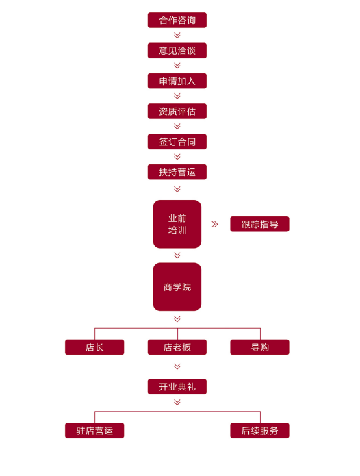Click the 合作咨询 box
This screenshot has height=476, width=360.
pyautogui.click(x=177, y=21)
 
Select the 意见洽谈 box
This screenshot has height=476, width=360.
pyautogui.click(x=177, y=51)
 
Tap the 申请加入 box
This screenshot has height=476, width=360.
pyautogui.click(x=177, y=81)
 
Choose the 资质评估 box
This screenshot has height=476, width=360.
pyautogui.click(x=177, y=112)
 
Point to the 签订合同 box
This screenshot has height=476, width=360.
pyautogui.click(x=177, y=142)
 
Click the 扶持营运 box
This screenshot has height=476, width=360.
pyautogui.click(x=177, y=172)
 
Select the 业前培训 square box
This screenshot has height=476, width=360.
pyautogui.click(x=177, y=224)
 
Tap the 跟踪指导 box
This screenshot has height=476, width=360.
pyautogui.click(x=259, y=225)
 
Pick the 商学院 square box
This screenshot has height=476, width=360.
pyautogui.click(x=177, y=287)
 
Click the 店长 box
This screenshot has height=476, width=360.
pyautogui.click(x=94, y=347)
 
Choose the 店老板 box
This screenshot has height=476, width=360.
pyautogui.click(x=177, y=347)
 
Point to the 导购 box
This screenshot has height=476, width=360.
pyautogui.click(x=259, y=347)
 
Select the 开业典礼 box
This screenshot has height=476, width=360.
pyautogui.click(x=177, y=387)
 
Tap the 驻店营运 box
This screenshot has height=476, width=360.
pyautogui.click(x=94, y=431)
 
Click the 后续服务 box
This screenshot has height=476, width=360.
pyautogui.click(x=259, y=431)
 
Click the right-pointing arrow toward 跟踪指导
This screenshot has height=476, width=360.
pyautogui.click(x=215, y=225)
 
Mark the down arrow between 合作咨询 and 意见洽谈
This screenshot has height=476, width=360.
pyautogui.click(x=177, y=36)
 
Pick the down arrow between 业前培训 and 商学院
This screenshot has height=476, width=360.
pyautogui.click(x=177, y=255)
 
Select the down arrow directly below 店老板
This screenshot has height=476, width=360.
pyautogui.click(x=177, y=366)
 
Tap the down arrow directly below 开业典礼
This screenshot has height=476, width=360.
pyautogui.click(x=177, y=402)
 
